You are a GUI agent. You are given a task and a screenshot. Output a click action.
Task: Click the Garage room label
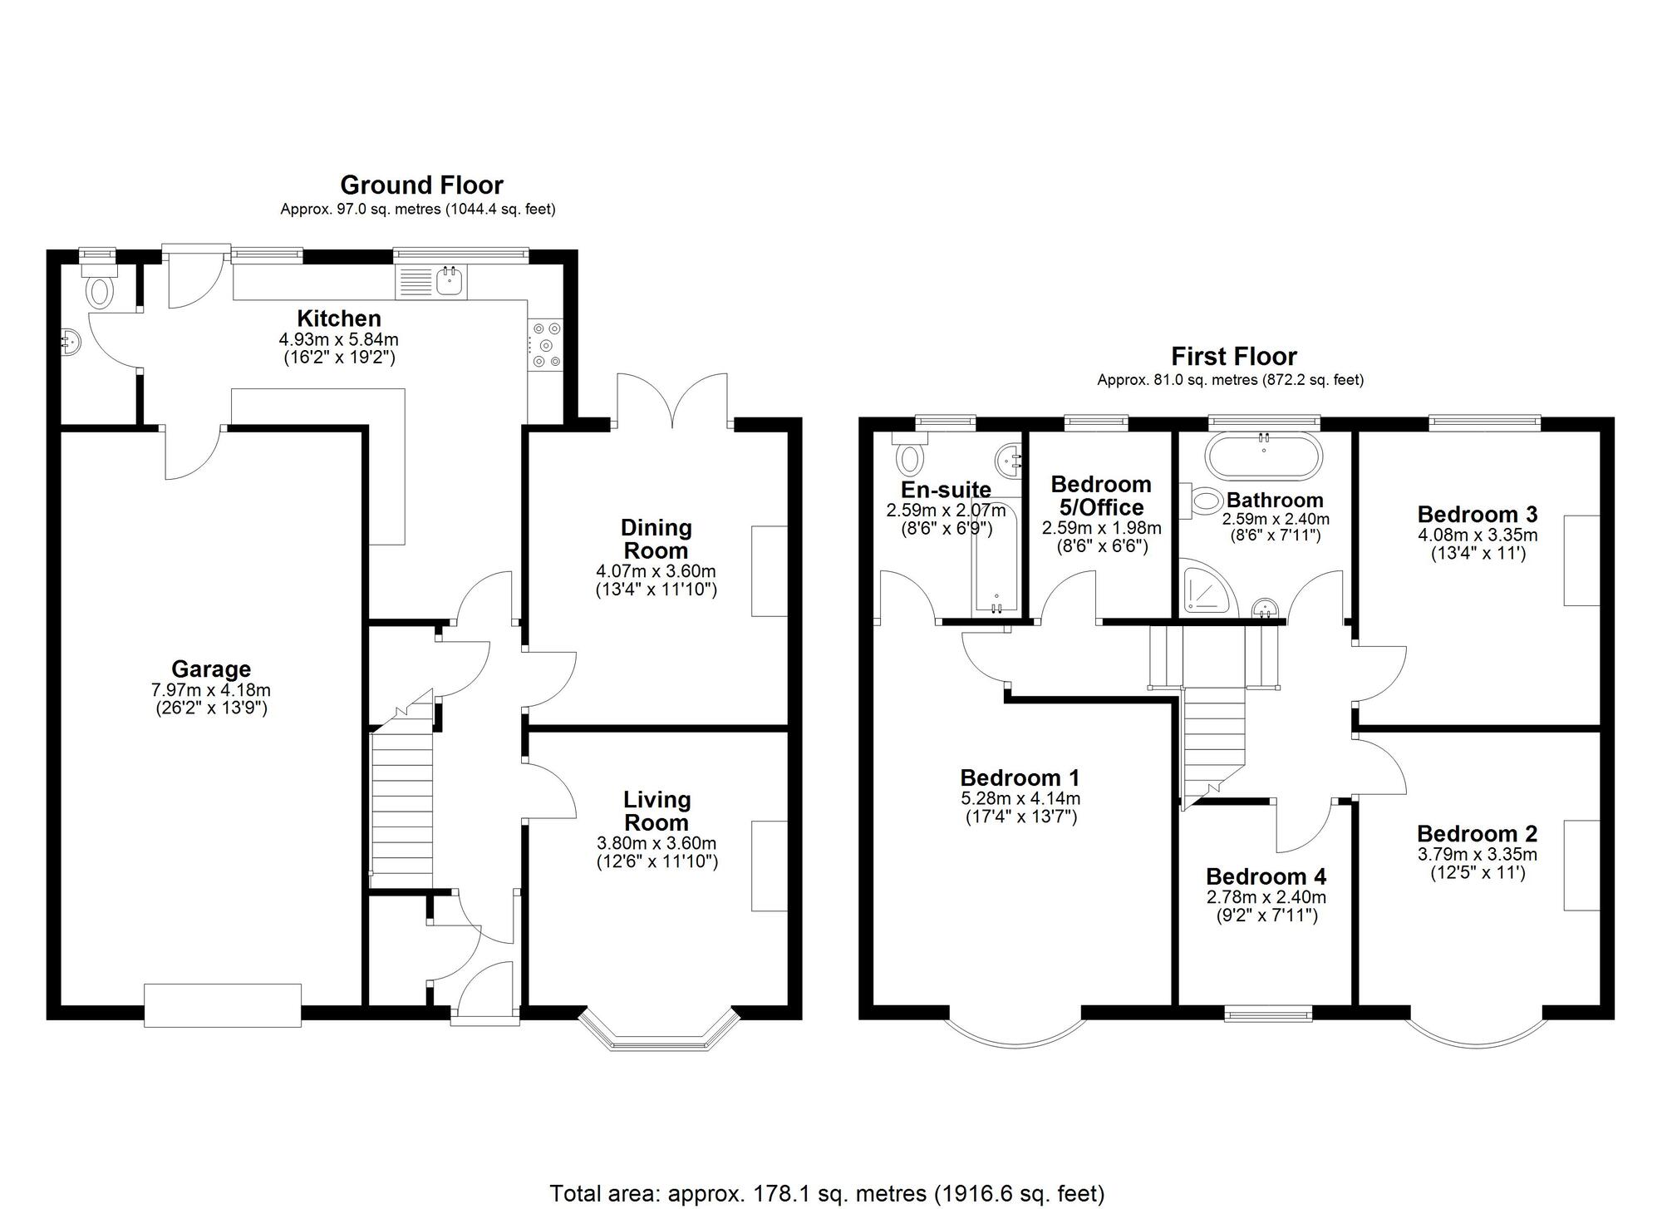211,669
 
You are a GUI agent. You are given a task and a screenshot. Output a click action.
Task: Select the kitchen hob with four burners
545,345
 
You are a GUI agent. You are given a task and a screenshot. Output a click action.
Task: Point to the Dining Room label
656,539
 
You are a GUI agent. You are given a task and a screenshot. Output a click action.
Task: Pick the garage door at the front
223,1005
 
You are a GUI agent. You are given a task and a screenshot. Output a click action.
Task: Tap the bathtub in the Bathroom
1263,455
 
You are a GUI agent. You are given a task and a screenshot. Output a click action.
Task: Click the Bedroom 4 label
1266,876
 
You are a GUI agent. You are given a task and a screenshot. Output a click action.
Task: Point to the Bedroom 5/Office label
1101,496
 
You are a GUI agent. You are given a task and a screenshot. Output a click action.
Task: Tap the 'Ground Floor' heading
421,185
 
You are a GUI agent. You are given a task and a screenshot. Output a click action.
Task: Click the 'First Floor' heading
1234,357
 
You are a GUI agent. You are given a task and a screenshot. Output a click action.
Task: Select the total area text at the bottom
828,1194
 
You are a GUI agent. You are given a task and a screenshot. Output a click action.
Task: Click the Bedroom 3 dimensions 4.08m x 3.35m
1478,535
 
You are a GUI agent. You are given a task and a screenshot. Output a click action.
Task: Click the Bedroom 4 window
1269,1013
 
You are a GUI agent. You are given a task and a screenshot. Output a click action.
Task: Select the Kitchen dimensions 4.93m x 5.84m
338,339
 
